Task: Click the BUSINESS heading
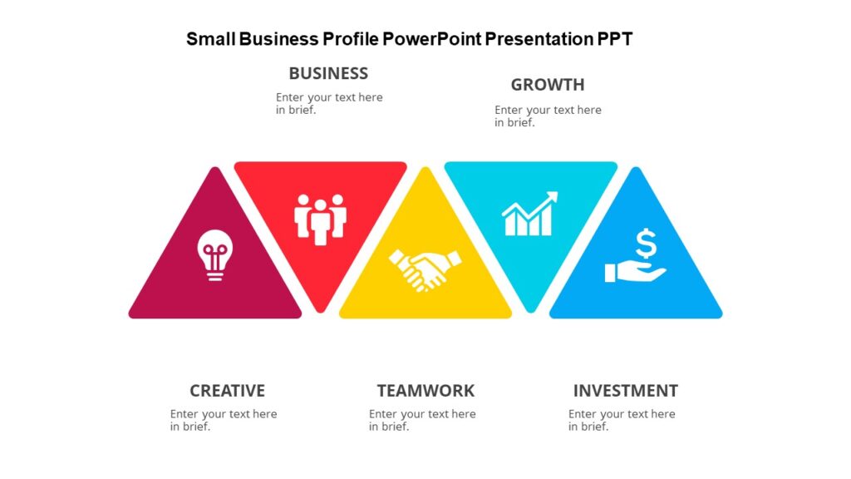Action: click(328, 73)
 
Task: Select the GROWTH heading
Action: click(548, 85)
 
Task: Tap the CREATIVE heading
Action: click(227, 391)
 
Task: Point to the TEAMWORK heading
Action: click(425, 391)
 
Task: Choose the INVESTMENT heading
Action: click(625, 391)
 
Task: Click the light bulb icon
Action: click(215, 254)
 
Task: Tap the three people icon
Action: click(320, 218)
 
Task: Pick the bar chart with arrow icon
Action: click(529, 214)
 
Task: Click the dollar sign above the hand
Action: click(646, 244)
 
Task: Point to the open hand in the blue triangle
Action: click(633, 272)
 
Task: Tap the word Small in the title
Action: click(209, 39)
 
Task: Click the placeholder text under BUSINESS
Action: click(329, 103)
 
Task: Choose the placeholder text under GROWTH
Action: click(548, 116)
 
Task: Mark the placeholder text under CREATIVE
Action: click(224, 420)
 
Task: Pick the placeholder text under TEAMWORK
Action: click(422, 420)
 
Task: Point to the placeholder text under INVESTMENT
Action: click(622, 420)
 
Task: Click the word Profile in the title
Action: click(349, 39)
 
